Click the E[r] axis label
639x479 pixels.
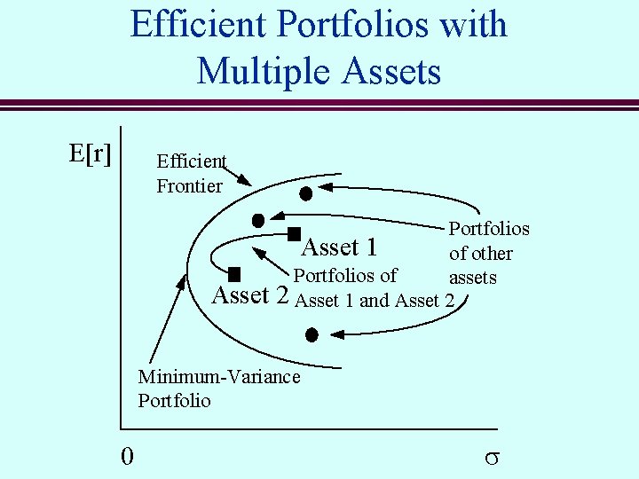[90, 153]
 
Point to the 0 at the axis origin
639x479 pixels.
[128, 456]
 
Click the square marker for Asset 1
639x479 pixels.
[294, 235]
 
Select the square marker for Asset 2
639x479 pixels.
[235, 274]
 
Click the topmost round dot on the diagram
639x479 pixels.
[305, 192]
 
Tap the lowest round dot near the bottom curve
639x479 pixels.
[312, 334]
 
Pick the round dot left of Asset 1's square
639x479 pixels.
[258, 219]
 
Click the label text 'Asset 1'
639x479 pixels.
[340, 247]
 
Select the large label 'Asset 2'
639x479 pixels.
[253, 294]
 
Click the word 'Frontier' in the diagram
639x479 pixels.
[189, 185]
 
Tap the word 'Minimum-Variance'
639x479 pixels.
[219, 376]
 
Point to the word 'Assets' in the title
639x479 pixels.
[391, 70]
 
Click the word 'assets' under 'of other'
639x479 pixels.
[472, 277]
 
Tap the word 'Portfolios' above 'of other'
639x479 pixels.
[488, 228]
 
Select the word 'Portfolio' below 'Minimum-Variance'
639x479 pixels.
[175, 400]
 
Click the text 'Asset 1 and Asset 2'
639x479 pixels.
[375, 300]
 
